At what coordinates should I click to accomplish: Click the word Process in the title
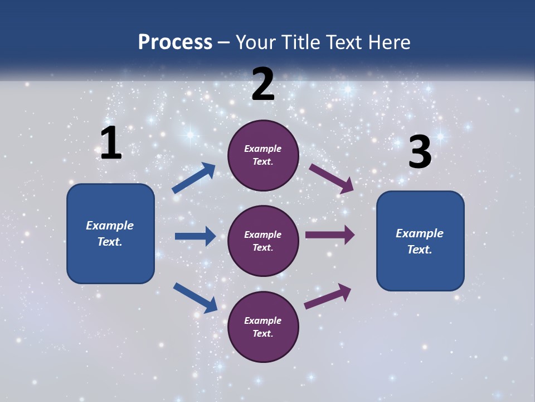pyautogui.click(x=175, y=42)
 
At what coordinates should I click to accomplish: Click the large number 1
pyautogui.click(x=111, y=143)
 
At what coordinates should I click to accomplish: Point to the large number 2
pyautogui.click(x=263, y=84)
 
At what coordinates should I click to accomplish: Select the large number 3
pyautogui.click(x=420, y=152)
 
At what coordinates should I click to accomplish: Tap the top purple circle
pyautogui.click(x=263, y=155)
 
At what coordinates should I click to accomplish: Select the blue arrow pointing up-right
pyautogui.click(x=194, y=178)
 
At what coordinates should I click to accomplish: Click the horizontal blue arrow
pyautogui.click(x=195, y=236)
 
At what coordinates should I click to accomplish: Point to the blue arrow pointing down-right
pyautogui.click(x=196, y=298)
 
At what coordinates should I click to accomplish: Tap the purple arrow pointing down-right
pyautogui.click(x=332, y=178)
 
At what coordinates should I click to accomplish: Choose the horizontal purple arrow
pyautogui.click(x=330, y=235)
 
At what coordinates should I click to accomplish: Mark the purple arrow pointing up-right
pyautogui.click(x=328, y=296)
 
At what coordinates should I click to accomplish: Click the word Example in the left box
pyautogui.click(x=110, y=226)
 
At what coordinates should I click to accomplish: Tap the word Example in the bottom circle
pyautogui.click(x=263, y=320)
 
